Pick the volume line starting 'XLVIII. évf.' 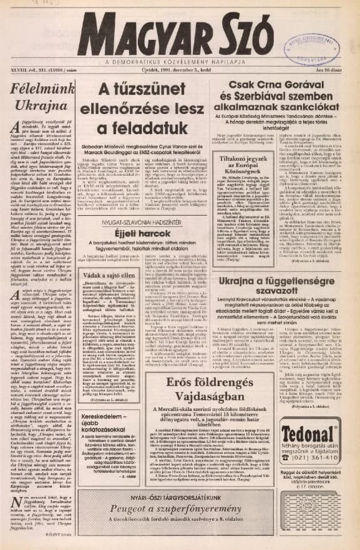pyautogui.click(x=39, y=72)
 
